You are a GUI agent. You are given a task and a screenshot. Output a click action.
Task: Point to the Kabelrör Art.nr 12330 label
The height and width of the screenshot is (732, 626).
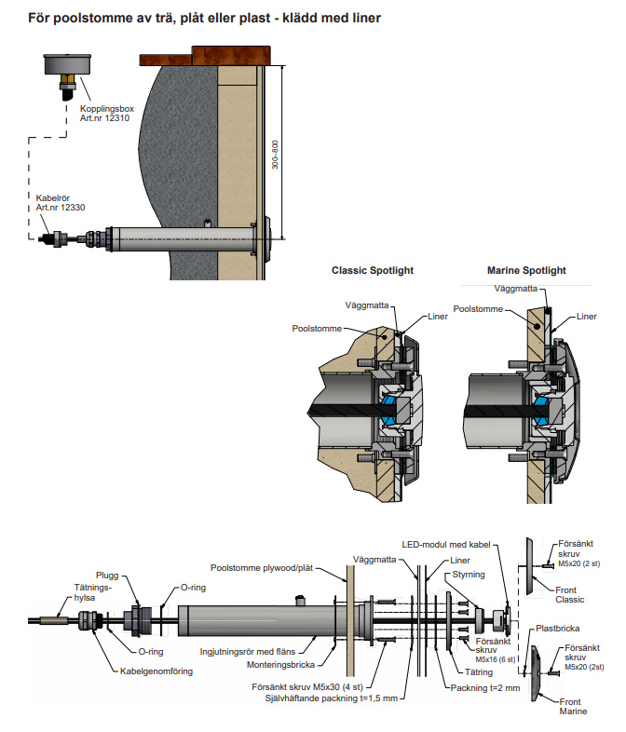[x=59, y=203]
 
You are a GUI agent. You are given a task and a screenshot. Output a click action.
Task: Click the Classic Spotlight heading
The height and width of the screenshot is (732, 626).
[x=373, y=271]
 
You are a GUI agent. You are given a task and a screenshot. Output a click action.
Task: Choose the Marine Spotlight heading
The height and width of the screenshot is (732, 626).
[x=526, y=271]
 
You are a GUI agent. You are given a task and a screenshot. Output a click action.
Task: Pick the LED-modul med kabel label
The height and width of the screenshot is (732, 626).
[x=444, y=545]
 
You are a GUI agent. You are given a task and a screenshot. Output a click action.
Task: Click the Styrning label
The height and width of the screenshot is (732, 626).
[x=467, y=576]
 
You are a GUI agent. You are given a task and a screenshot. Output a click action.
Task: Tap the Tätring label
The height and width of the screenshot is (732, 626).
[x=477, y=671]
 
